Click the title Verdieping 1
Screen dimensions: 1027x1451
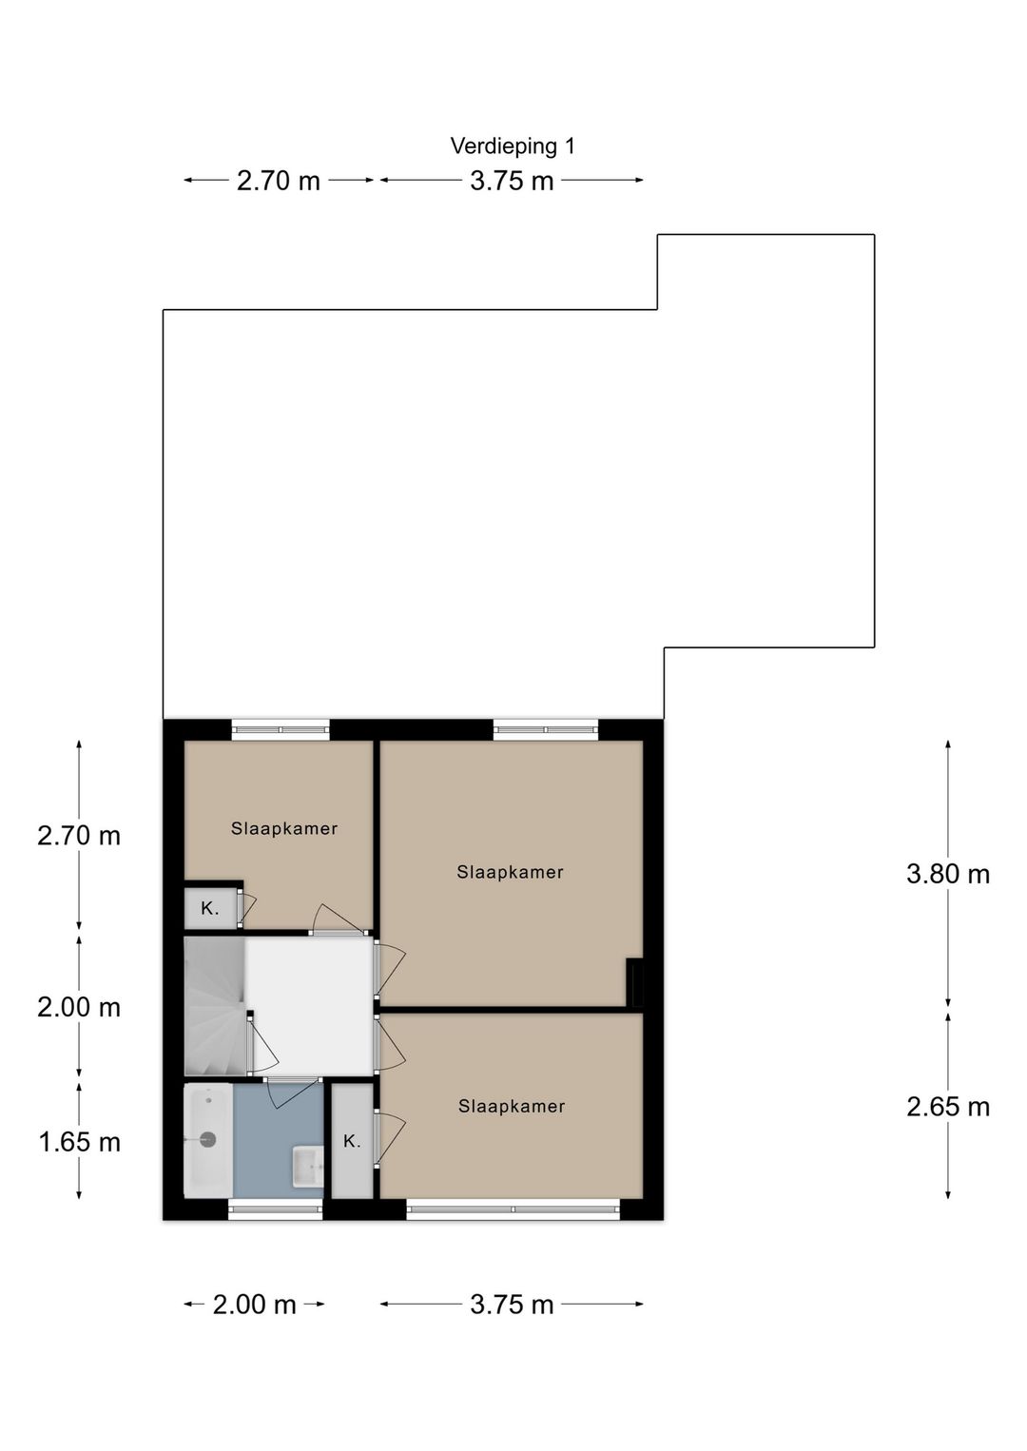click(512, 146)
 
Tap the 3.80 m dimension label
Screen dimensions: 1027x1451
click(947, 875)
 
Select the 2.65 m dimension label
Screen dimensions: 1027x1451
click(947, 1107)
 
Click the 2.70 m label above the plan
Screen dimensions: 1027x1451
click(278, 181)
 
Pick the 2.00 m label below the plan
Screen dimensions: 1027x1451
click(254, 1305)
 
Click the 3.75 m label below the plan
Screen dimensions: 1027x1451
click(512, 1305)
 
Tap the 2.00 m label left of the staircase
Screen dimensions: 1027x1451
click(78, 1008)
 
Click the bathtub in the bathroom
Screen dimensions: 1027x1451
click(208, 1139)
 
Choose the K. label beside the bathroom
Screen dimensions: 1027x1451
click(352, 1141)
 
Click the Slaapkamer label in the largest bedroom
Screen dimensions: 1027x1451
click(510, 872)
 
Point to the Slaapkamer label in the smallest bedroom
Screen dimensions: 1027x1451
click(284, 828)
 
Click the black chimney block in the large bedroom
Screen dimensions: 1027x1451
click(634, 984)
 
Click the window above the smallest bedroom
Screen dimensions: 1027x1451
click(281, 728)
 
